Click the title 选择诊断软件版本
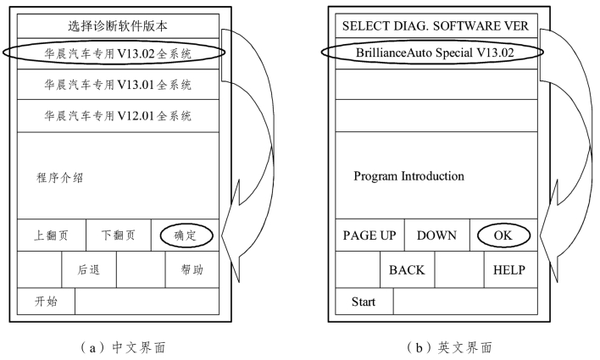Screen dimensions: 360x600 coord(119,25)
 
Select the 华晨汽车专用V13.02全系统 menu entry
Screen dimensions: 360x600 coord(119,53)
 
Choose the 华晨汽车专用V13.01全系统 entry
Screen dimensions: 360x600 coord(119,85)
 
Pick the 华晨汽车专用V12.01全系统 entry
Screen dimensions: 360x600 coord(119,115)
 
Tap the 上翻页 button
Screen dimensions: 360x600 coord(51,235)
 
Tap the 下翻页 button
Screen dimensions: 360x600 coord(118,235)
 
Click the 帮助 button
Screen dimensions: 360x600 coord(192,270)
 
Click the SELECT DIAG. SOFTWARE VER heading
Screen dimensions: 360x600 coord(436,25)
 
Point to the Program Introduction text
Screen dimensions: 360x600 coord(408,176)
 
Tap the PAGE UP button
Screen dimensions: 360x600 coord(369,235)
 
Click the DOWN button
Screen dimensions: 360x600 coord(436,235)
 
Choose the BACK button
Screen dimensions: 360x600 coord(407,270)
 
